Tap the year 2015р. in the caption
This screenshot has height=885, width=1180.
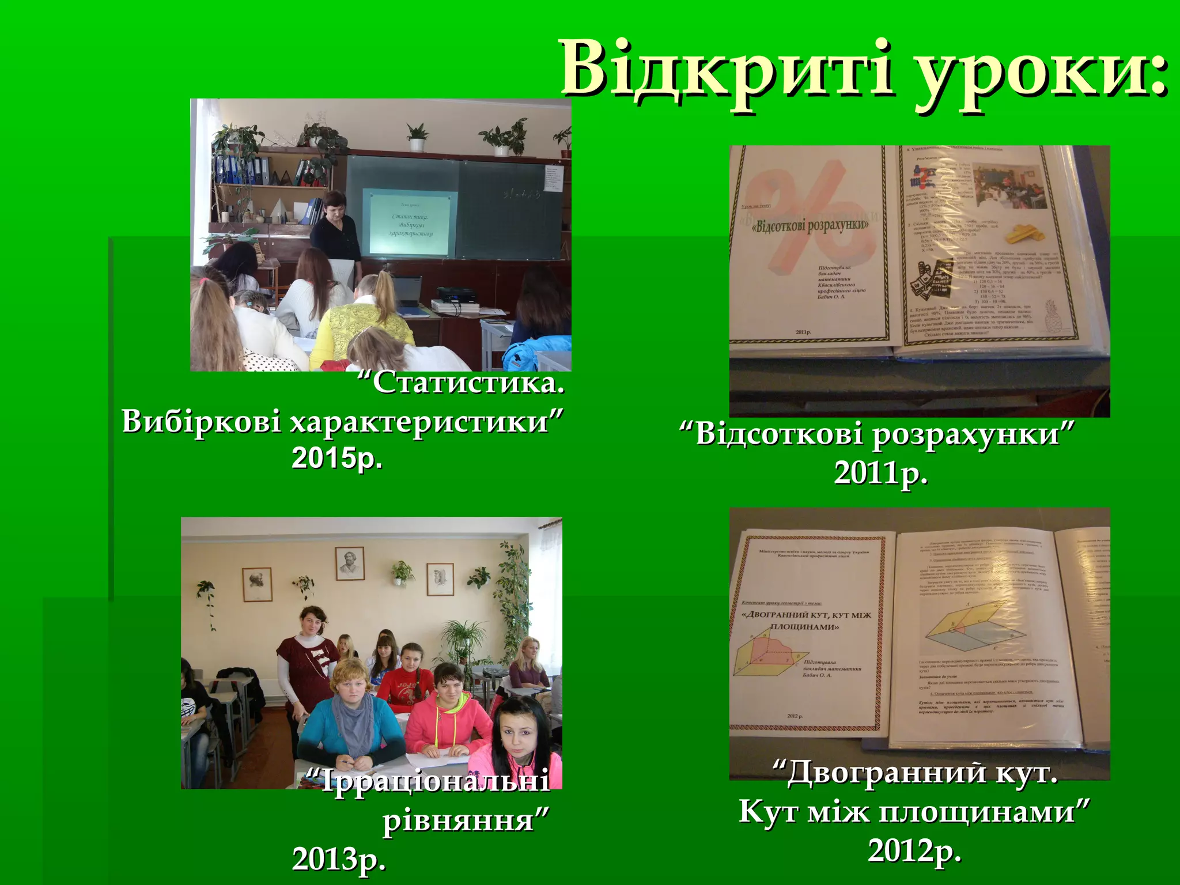(337, 459)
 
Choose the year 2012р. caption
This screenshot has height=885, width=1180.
(915, 850)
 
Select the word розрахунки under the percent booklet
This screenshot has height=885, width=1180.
(974, 433)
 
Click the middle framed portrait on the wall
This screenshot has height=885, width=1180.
(350, 563)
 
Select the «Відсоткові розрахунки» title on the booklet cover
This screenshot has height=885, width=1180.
(810, 225)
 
